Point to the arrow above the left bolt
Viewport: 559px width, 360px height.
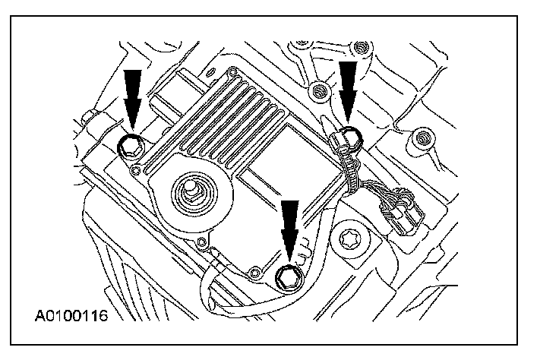131,96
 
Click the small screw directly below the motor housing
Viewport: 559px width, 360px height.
201,243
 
